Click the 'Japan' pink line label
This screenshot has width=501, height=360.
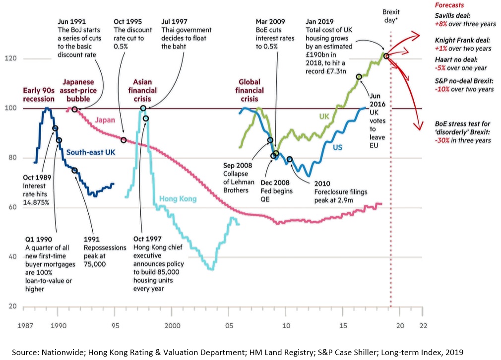[105, 120]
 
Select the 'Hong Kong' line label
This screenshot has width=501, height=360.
[178, 199]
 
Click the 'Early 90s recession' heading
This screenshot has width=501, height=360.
[39, 94]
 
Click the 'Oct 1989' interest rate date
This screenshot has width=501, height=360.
[37, 177]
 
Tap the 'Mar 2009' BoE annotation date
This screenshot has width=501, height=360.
[270, 21]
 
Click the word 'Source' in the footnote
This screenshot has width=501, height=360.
[23, 352]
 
